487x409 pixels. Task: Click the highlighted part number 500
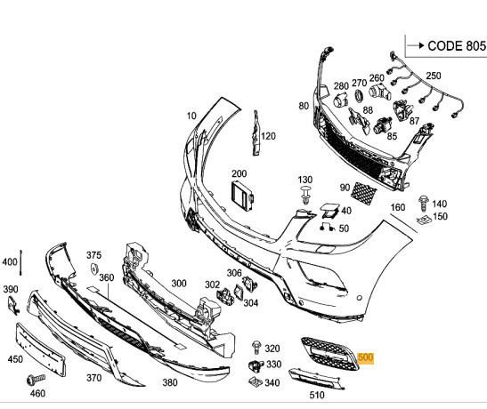[x=365, y=357]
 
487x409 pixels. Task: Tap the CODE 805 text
[x=456, y=46]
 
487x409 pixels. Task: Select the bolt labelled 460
[x=36, y=379]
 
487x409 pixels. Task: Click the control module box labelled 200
[x=242, y=196]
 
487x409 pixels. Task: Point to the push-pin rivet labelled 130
[x=305, y=195]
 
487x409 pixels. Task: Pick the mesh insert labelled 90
[x=363, y=194]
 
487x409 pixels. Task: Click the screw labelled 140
[x=423, y=203]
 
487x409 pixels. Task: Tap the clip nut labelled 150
[x=424, y=221]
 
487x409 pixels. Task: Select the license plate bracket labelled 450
[x=41, y=349]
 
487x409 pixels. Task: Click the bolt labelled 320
[x=256, y=348]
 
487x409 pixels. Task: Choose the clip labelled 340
[x=256, y=381]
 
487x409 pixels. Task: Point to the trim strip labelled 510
[x=316, y=379]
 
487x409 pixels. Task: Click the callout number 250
[x=433, y=76]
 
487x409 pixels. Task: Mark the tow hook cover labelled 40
[x=329, y=210]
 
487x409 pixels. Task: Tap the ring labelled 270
[x=359, y=95]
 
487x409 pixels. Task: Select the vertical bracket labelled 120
[x=256, y=133]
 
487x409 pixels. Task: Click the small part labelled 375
[x=94, y=269]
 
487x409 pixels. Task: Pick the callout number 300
[x=179, y=283]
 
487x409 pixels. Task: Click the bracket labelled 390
[x=13, y=305]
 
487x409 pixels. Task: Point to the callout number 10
[x=191, y=116]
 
